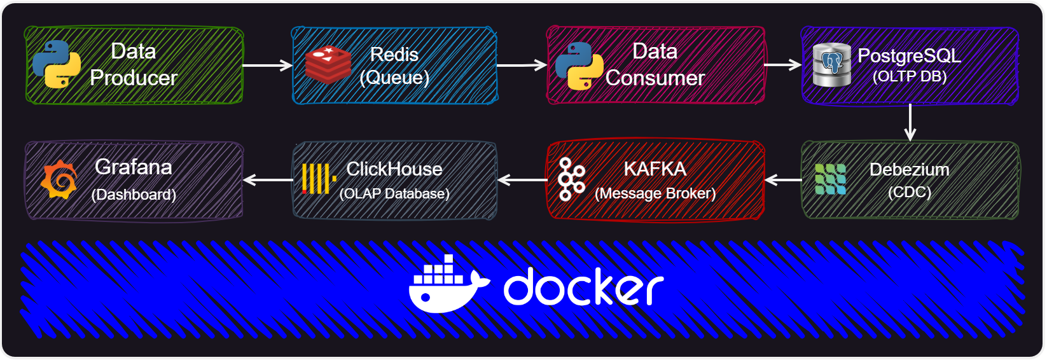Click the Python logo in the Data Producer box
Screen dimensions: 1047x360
point(57,64)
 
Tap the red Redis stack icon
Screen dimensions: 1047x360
point(328,65)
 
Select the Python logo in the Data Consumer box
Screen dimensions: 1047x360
point(579,66)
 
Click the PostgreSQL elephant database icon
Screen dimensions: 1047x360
point(831,65)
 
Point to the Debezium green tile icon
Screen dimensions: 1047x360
point(830,179)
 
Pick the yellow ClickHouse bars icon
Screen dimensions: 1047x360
point(319,179)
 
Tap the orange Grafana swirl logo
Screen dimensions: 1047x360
point(59,179)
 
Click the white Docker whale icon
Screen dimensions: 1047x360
point(449,284)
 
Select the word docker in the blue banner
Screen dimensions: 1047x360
point(584,286)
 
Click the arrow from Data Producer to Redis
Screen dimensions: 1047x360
point(267,66)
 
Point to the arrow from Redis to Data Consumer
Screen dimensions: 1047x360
point(522,66)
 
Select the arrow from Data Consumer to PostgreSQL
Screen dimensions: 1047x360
point(783,65)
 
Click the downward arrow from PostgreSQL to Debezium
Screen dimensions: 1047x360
point(910,122)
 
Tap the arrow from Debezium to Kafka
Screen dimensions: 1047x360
point(784,179)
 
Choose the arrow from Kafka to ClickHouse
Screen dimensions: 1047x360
point(523,179)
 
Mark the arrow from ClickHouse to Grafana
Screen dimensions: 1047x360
point(268,179)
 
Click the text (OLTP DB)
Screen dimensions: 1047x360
point(910,76)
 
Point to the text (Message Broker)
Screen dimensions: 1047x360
point(655,193)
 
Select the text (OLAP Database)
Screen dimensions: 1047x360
point(394,193)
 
